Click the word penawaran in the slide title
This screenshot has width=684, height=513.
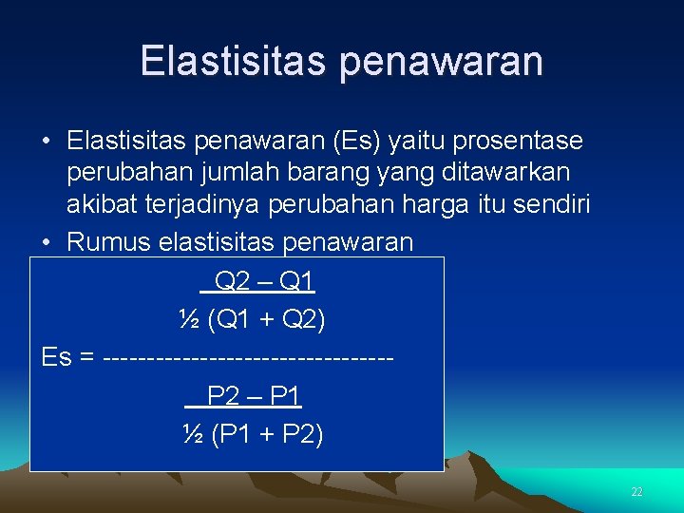point(441,62)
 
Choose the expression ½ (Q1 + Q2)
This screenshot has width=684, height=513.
point(252,320)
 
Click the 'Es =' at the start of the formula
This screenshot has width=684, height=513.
point(68,358)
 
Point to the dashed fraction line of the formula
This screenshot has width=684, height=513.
point(247,359)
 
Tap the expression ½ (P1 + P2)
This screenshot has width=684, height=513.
point(252,434)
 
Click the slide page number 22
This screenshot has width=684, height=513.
point(636,492)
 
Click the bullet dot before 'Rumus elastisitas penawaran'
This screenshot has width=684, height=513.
point(47,243)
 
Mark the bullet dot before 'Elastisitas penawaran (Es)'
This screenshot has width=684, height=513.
point(47,142)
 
